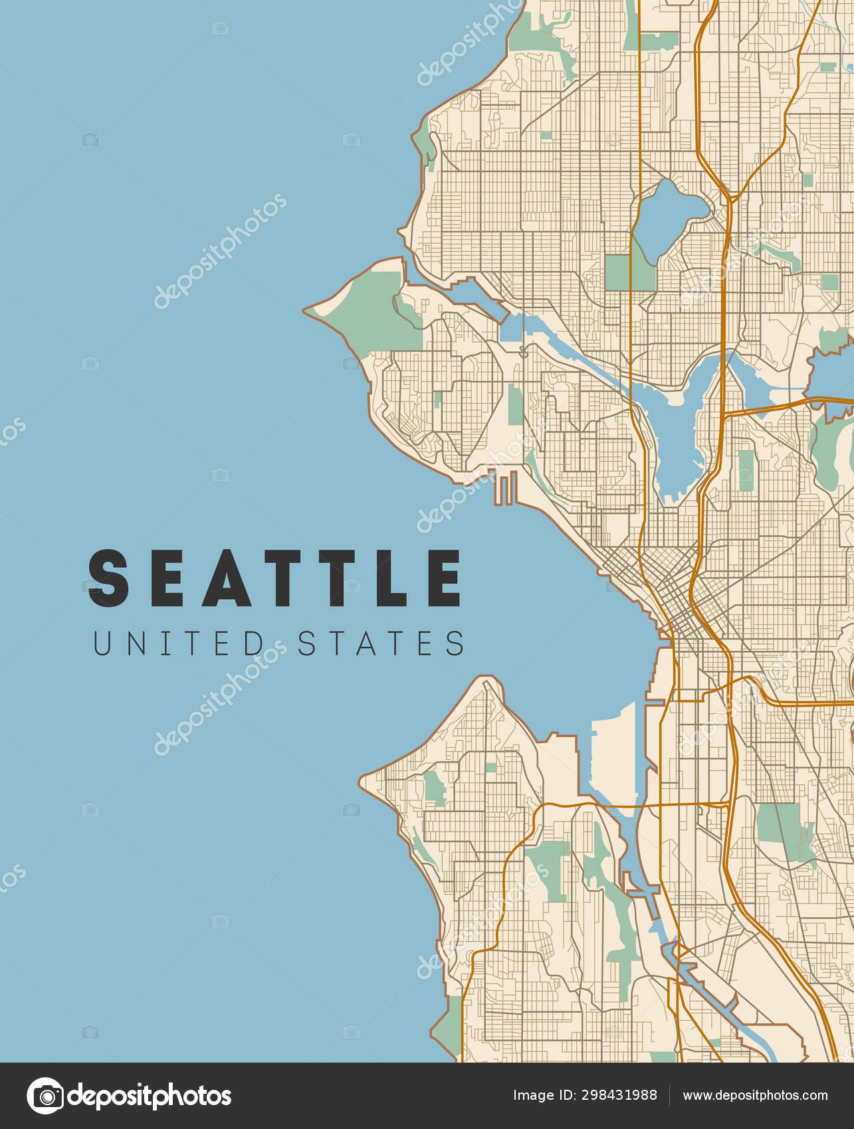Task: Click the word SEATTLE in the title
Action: (275, 578)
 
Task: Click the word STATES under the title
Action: (381, 644)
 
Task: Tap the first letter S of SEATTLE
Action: (108, 578)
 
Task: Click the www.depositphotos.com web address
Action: (755, 1096)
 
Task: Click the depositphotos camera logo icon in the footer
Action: (45, 1096)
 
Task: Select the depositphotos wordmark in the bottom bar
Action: (150, 1096)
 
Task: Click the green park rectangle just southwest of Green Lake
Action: (618, 272)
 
